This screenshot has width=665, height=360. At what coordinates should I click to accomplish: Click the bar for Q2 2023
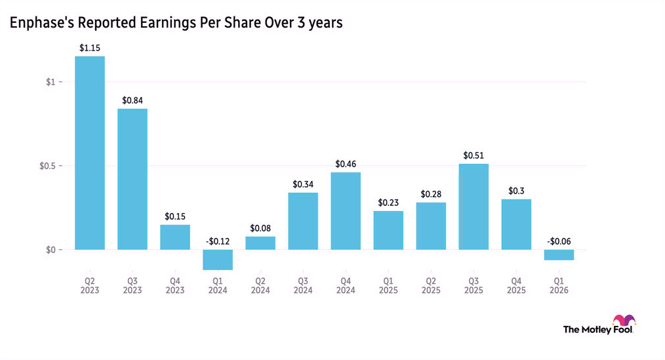point(90,153)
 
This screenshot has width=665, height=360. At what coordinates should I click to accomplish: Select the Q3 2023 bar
point(132,179)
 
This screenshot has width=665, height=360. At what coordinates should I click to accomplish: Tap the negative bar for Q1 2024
point(218,260)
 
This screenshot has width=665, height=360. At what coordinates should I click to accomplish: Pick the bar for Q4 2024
point(346,211)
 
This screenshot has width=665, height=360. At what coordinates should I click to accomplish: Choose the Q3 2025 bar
point(474,207)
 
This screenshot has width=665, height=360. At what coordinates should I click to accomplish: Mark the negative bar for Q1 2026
point(559,255)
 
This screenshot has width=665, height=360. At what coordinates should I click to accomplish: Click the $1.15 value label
point(90,48)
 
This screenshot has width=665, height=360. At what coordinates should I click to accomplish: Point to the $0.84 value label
point(132,100)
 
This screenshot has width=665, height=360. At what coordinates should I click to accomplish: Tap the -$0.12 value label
point(218,241)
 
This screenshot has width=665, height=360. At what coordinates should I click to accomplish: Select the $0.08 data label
point(260,228)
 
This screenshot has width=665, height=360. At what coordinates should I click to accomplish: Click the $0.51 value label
point(474,155)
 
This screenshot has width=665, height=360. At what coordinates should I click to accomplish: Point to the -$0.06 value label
point(559,241)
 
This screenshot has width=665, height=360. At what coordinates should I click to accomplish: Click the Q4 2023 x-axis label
point(175,285)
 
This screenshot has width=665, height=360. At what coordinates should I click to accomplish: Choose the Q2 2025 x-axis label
point(431,285)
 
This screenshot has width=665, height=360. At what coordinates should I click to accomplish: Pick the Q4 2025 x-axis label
point(516,285)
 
